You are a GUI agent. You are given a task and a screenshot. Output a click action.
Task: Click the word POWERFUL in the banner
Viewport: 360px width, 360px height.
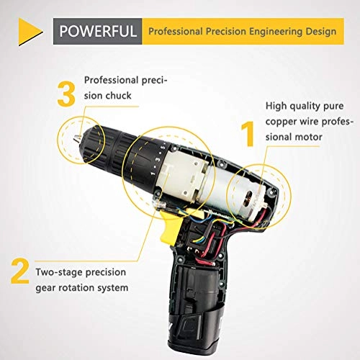(98, 32)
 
